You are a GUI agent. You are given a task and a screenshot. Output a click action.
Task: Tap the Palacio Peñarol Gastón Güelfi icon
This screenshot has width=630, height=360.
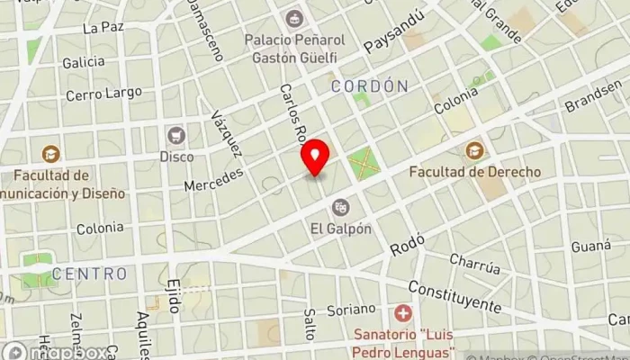[x=293, y=17]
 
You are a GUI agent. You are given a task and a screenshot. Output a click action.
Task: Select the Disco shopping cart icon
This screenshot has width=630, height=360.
[x=176, y=135]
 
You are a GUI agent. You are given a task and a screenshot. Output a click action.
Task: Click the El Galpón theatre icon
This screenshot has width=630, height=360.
[x=340, y=207]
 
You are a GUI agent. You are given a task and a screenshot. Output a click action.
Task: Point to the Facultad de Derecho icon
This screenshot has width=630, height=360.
[x=474, y=149]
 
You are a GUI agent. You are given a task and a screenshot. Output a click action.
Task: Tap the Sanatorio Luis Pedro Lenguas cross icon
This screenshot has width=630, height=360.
[x=403, y=314]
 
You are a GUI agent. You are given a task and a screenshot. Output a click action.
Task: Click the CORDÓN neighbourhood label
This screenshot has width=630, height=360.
[x=370, y=85]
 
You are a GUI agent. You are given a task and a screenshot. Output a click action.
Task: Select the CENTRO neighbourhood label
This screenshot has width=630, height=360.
[x=89, y=272]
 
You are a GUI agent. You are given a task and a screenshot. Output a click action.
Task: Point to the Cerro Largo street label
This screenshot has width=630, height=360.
[x=103, y=93]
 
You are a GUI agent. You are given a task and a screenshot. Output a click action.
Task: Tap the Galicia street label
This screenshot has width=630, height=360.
[x=84, y=62]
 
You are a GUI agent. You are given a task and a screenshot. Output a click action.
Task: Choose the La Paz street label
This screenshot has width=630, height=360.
[x=102, y=28]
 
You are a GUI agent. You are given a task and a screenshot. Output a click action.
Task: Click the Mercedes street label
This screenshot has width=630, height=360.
[x=213, y=178]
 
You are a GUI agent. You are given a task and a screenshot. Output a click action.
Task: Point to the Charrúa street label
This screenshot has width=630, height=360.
[x=474, y=265]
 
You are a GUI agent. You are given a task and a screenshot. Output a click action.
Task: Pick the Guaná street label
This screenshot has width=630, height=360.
[x=590, y=245]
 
